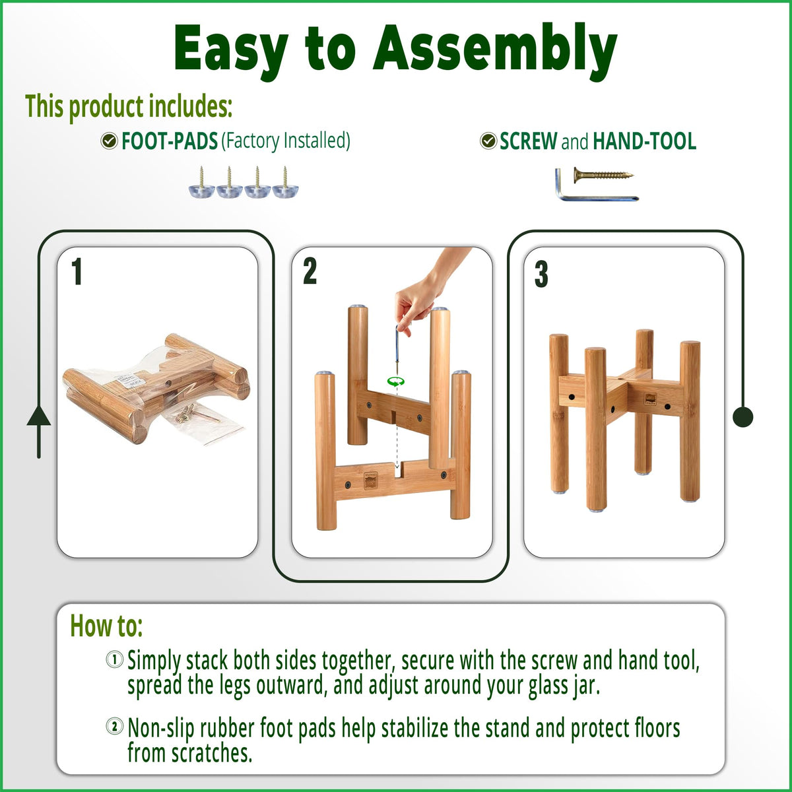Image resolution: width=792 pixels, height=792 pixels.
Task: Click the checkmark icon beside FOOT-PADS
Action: point(109,141)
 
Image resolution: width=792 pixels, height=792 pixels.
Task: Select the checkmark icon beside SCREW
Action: point(488,141)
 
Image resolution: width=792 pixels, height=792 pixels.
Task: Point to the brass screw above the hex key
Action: point(603,176)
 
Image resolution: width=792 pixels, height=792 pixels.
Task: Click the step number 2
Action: point(310,271)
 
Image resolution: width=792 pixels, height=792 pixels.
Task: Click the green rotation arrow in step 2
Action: point(395,381)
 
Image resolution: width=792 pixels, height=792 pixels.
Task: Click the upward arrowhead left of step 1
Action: point(39,416)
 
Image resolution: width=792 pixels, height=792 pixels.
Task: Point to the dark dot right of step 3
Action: point(742,416)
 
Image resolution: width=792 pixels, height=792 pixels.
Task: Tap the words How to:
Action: point(106,626)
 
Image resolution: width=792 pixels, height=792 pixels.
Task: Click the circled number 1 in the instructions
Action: point(114,659)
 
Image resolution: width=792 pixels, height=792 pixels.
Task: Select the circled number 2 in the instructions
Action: point(114,727)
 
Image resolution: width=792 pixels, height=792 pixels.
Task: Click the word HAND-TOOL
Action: point(644,141)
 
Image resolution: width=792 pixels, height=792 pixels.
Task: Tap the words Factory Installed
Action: point(286,141)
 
